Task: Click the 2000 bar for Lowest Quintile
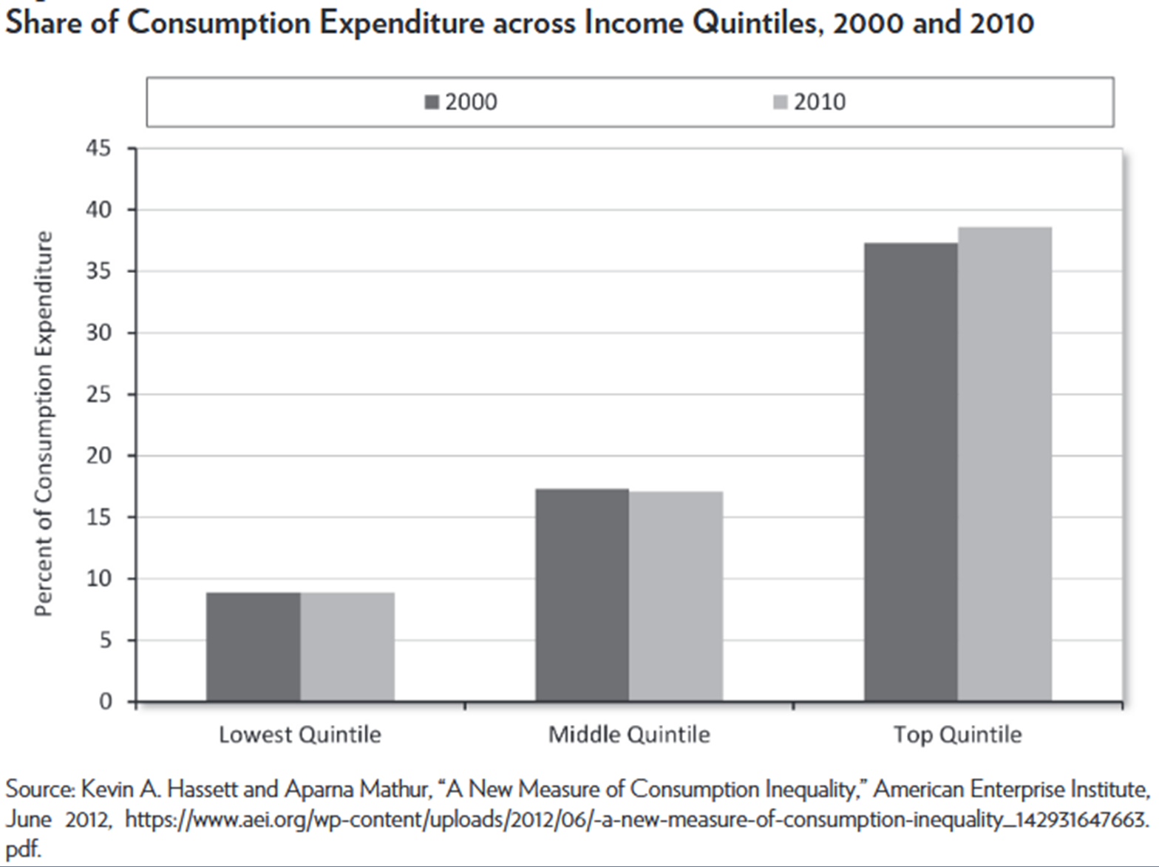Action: click(253, 647)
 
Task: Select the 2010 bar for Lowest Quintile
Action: click(347, 647)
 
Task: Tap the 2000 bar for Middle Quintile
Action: click(582, 595)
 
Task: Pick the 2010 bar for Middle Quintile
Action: click(676, 596)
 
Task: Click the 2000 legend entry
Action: click(461, 102)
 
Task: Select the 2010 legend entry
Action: click(809, 102)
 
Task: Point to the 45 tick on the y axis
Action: click(98, 149)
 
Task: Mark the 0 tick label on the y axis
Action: click(105, 701)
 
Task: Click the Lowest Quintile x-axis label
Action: click(299, 735)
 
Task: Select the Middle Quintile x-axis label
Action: click(629, 735)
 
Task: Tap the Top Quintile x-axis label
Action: click(957, 735)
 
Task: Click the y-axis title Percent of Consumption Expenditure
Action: click(44, 424)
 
